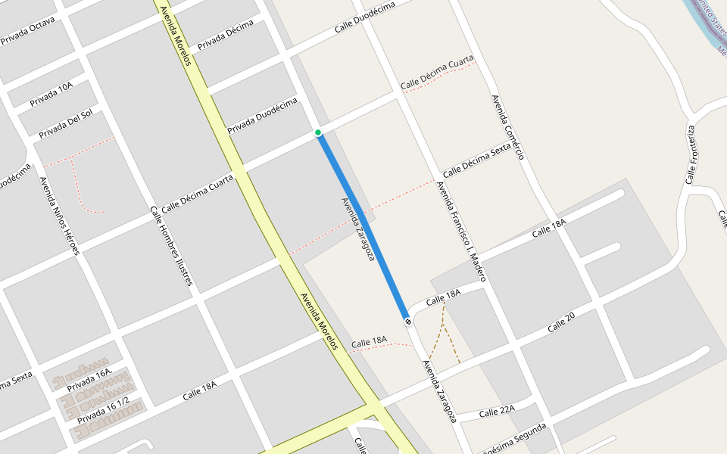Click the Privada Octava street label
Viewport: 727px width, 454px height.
[28, 31]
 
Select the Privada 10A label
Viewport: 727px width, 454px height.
[51, 94]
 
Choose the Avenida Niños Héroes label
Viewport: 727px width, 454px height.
[59, 216]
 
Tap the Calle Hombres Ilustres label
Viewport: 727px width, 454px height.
[171, 246]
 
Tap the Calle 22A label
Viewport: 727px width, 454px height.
[497, 411]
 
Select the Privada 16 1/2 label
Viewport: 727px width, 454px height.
[104, 410]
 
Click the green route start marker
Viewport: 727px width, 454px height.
[318, 133]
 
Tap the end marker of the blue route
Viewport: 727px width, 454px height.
[408, 322]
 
